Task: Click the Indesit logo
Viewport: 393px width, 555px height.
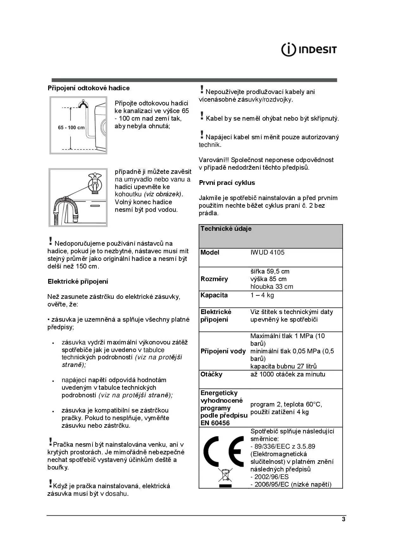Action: coord(309,50)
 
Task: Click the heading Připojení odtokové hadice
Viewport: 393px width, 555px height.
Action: coord(89,88)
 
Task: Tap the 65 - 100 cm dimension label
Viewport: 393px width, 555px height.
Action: coord(71,128)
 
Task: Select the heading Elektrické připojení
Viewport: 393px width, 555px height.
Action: coord(78,281)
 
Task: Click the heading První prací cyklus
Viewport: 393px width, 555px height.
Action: coord(227,183)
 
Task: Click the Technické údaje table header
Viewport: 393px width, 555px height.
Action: coord(226,229)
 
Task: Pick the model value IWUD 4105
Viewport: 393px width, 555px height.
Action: coord(267,252)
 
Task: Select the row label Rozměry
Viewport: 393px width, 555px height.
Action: coord(214,279)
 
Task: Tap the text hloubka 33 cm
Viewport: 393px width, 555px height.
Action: coord(272,287)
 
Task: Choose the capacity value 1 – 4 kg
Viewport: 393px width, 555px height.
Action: coord(262,295)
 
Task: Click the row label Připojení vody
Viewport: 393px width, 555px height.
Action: coord(223,351)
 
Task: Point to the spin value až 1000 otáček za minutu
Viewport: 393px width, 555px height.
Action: coord(288,374)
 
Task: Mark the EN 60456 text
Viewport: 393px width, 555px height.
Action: coord(215,423)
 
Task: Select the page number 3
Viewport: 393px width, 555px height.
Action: coord(344,520)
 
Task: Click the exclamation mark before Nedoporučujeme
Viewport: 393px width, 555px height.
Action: coord(50,241)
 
